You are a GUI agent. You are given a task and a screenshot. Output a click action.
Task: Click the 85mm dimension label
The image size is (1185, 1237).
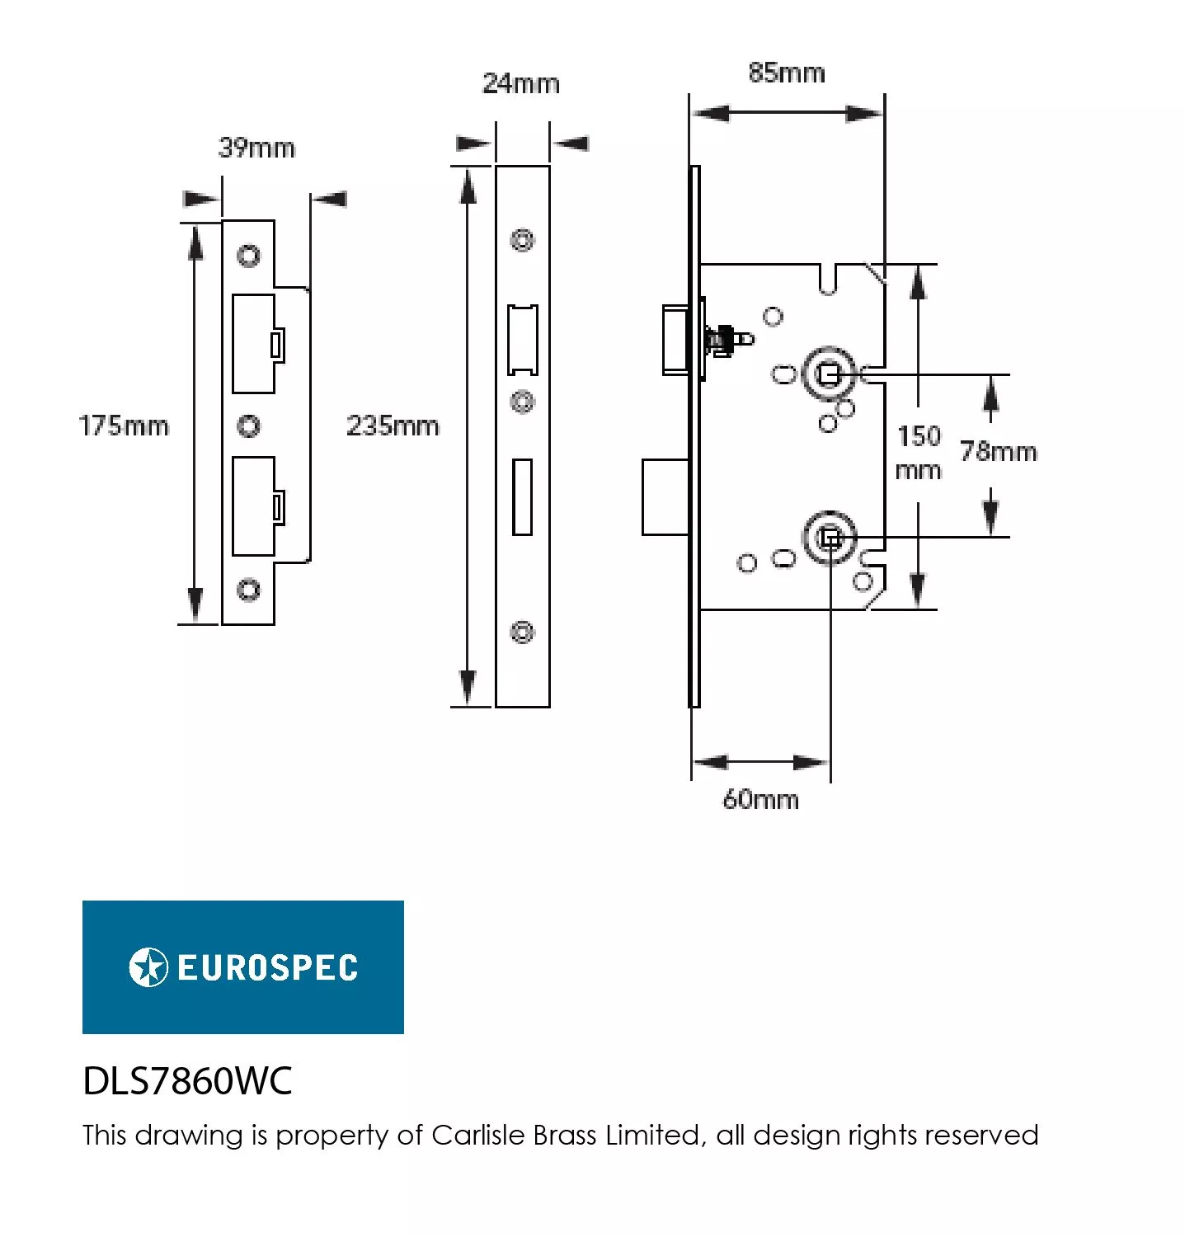786,73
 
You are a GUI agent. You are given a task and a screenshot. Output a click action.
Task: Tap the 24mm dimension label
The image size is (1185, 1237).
520,83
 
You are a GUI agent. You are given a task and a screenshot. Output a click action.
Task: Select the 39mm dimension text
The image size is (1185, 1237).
256,148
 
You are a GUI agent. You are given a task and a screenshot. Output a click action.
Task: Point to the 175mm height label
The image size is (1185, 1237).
124,426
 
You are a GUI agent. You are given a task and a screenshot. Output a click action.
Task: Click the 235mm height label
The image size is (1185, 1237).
393,426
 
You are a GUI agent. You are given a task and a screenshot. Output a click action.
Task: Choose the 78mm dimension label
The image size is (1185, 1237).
998,451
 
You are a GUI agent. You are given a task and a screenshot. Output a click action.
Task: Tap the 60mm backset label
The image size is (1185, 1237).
760,799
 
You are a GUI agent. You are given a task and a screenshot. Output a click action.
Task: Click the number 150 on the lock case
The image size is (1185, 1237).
919,435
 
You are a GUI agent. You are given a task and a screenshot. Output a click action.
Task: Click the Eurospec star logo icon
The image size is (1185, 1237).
148,967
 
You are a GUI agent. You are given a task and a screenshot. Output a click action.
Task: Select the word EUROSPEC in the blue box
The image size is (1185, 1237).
267,967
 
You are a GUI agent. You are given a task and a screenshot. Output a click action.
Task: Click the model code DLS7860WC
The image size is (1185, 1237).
187,1080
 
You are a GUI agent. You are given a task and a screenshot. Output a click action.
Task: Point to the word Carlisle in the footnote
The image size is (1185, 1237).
479,1135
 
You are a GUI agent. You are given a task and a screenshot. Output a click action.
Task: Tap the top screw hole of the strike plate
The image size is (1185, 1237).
248,255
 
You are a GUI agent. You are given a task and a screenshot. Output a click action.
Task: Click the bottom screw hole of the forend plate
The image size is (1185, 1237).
522,632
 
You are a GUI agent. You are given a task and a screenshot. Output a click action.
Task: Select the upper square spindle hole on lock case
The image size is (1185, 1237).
829,375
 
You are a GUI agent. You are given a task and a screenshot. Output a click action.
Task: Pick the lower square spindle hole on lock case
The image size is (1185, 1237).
830,539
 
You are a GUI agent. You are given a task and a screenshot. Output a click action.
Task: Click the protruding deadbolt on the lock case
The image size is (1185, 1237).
665,497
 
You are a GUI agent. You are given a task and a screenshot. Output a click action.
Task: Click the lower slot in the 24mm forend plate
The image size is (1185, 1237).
522,497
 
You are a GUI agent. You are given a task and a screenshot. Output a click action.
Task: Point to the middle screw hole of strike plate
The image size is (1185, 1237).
248,426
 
